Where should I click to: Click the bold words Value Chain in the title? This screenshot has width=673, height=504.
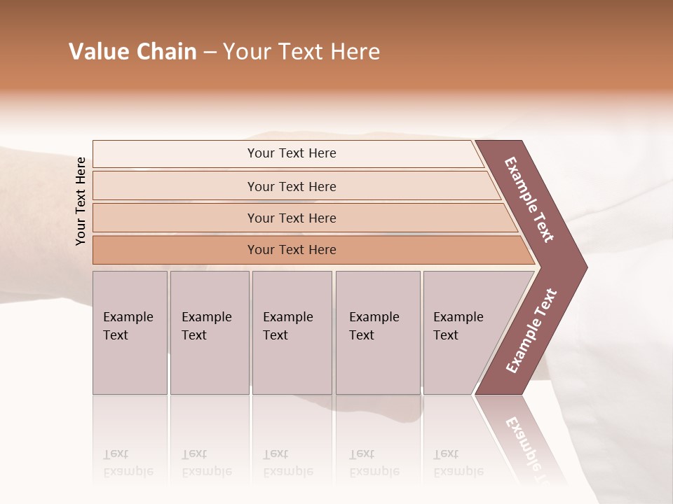132,52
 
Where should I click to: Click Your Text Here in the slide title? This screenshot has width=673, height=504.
301,52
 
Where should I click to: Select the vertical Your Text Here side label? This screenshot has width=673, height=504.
81,201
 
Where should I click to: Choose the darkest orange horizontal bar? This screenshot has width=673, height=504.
175,250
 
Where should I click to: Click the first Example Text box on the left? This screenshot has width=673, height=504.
130,332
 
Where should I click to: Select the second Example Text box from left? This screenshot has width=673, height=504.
210,332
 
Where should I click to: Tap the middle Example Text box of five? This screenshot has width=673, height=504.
292,332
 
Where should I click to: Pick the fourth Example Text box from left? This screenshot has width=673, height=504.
378,332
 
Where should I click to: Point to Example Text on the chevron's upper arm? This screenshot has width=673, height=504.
529,199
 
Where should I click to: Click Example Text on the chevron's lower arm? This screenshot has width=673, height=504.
531,331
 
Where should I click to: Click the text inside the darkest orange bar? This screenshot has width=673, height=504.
292,250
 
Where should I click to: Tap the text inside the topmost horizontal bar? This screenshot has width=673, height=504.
292,153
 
